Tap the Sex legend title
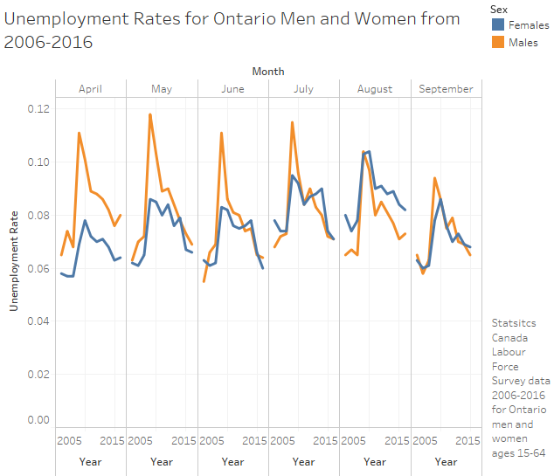point(498,8)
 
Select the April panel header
point(91,89)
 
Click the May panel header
point(162,89)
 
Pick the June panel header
point(233,89)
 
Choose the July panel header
point(304,89)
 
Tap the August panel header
point(375,89)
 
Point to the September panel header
point(446,89)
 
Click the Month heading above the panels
point(267,71)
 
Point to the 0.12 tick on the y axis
point(38,109)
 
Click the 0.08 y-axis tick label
point(38,215)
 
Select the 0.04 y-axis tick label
point(38,321)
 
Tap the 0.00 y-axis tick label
point(38,420)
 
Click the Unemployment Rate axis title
point(14,259)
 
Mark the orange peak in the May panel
point(149,114)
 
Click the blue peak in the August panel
point(369,151)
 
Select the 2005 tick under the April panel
point(68,440)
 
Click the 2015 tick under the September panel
point(467,440)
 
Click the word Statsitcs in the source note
point(513,323)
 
